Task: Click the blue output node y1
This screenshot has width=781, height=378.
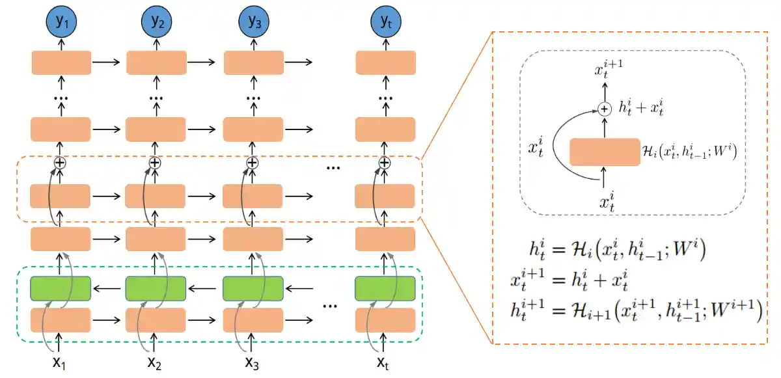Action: click(61, 23)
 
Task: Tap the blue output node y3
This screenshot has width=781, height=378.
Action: click(253, 23)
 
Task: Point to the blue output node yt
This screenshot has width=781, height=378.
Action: click(385, 23)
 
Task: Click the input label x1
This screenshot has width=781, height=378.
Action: click(61, 362)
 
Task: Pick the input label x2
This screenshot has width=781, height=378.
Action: click(155, 362)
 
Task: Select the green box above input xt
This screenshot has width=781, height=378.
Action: click(385, 288)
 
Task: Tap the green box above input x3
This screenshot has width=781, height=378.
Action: click(253, 288)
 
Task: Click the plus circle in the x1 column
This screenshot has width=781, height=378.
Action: click(60, 163)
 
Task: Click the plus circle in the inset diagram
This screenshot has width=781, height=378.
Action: click(605, 109)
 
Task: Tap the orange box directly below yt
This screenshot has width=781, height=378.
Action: click(385, 62)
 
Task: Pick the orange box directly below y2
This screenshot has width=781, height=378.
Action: click(155, 62)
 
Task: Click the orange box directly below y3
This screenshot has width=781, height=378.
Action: click(253, 62)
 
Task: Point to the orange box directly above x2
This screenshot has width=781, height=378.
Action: click(155, 320)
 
